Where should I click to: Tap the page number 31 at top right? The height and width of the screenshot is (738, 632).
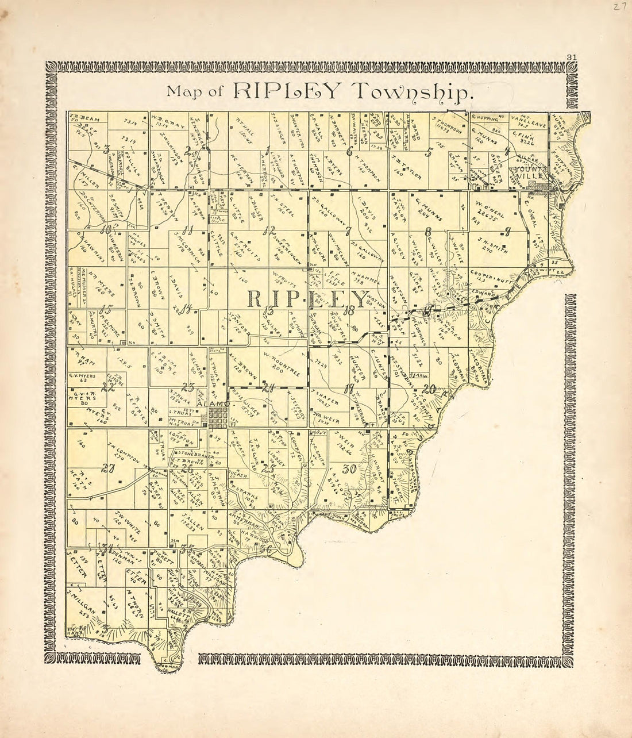571,56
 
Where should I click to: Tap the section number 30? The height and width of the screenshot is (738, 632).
349,468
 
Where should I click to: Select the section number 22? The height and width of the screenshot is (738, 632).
107,387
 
